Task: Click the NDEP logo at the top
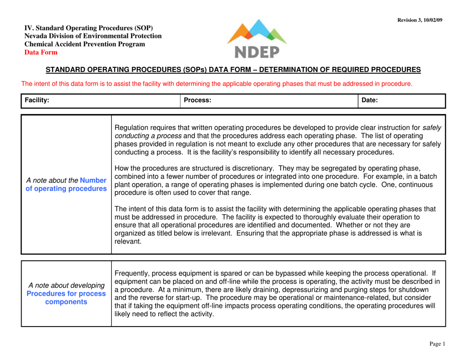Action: [257, 38]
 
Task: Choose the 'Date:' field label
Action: [369, 101]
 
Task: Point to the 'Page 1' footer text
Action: [437, 344]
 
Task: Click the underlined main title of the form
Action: [233, 70]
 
